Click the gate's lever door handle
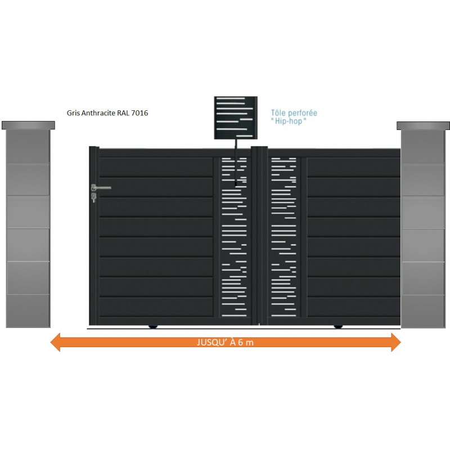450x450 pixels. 101,188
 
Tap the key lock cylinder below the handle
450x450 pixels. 93,197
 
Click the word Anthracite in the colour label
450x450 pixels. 98,113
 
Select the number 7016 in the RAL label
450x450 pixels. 139,113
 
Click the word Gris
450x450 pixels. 73,113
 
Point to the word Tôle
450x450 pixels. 277,113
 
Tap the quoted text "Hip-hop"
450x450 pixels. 289,121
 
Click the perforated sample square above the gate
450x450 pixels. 236,118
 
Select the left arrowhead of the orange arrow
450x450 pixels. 55,342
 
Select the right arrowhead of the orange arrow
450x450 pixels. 396,342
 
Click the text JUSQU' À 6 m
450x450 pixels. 226,343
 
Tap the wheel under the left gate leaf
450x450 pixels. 153,326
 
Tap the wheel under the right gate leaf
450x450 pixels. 338,326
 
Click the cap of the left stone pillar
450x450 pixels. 28,125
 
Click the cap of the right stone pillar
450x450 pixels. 424,125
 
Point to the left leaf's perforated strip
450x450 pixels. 234,237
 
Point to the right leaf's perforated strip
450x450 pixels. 283,237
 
